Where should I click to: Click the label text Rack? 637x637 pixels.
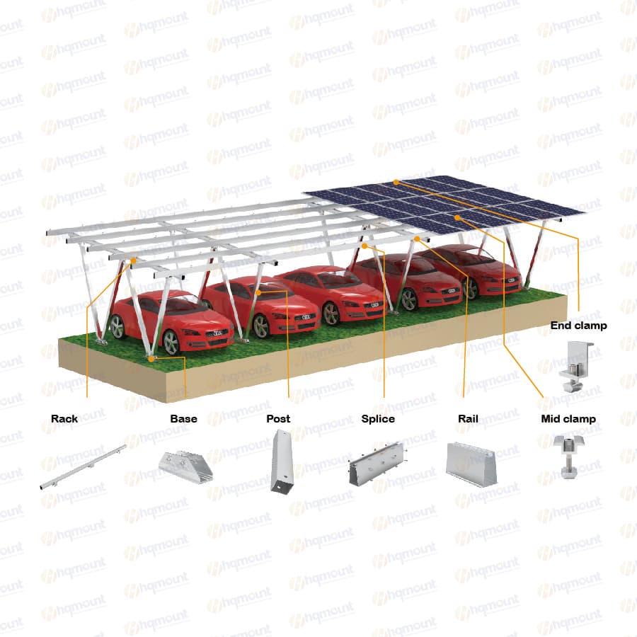click(64, 419)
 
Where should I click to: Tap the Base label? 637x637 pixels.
click(183, 419)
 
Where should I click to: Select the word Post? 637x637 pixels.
click(278, 419)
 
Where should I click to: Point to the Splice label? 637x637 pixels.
click(378, 419)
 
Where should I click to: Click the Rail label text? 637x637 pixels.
click(468, 419)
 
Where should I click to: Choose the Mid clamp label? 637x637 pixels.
click(568, 419)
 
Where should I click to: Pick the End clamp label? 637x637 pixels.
click(578, 326)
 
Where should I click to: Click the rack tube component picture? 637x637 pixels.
click(83, 467)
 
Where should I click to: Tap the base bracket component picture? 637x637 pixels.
click(185, 466)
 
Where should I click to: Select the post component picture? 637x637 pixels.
click(282, 461)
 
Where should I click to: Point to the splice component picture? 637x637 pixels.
click(377, 464)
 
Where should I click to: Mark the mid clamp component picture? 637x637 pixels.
click(568, 457)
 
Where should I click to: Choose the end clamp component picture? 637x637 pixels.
click(576, 367)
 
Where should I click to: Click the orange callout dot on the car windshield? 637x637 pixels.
click(259, 292)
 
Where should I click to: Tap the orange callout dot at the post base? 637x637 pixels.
click(151, 359)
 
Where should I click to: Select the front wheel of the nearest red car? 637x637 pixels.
click(171, 343)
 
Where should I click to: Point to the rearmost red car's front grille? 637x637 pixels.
click(510, 280)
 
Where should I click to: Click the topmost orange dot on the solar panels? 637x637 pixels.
click(396, 183)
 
